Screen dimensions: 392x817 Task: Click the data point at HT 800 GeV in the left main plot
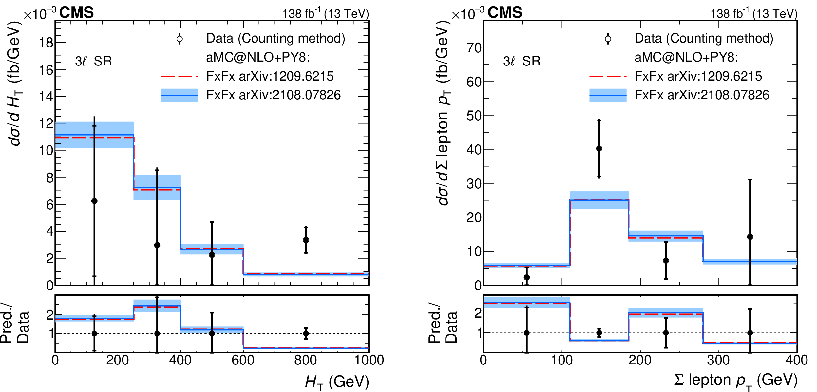pos(306,240)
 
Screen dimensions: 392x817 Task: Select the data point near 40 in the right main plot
pos(599,148)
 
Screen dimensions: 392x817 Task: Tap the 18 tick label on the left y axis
pos(46,43)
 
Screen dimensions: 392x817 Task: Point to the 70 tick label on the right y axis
pos(474,48)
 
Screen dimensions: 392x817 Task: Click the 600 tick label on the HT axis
pos(243,360)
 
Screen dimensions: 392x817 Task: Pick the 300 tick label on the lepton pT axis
pos(718,360)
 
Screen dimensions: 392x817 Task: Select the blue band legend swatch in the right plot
pos(608,95)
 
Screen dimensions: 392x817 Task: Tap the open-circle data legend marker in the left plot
pos(180,39)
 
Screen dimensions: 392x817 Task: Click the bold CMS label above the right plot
pos(504,13)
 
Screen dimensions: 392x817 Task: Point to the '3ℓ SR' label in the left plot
pos(93,61)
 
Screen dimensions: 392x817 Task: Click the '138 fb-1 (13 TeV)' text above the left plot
pos(326,14)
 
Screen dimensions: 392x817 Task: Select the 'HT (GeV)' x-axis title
pos(337,382)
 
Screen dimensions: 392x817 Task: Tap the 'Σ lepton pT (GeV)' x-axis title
pos(736,381)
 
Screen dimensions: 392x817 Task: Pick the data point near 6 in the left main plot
pos(94,201)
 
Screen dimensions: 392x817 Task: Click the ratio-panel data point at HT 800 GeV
pos(306,334)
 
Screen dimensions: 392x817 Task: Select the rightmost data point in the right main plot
pos(750,237)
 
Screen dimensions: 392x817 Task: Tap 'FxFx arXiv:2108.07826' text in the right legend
pos(702,95)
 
